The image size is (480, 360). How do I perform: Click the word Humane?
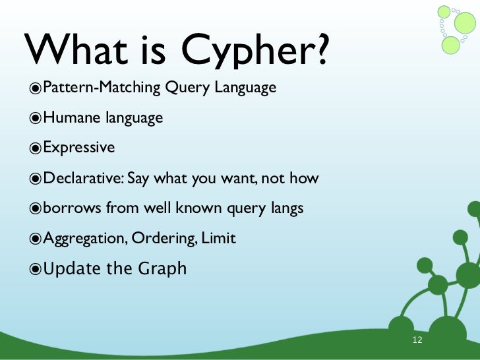[x=68, y=118]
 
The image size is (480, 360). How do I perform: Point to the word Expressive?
[x=78, y=148]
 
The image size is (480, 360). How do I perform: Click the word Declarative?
[x=83, y=178]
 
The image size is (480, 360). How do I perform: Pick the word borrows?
[x=70, y=208]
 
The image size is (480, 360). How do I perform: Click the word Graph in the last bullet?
[x=162, y=269]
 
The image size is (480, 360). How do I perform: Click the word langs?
[x=285, y=209]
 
